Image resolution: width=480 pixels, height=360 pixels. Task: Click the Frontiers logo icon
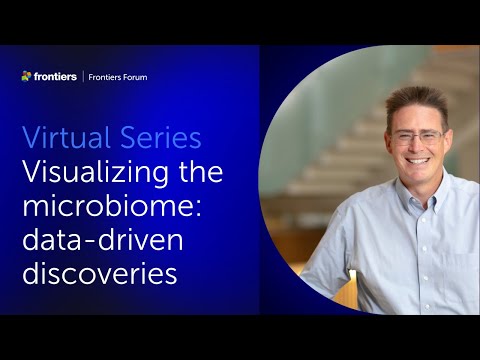[27, 76]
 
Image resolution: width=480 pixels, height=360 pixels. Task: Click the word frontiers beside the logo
[55, 76]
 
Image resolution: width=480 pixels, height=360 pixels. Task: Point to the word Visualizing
[90, 172]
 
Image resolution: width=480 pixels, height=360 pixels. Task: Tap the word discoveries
[99, 273]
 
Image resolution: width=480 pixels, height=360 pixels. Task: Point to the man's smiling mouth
[418, 162]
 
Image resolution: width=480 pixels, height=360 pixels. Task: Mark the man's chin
[419, 178]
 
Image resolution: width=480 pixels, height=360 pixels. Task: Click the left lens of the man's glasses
[402, 137]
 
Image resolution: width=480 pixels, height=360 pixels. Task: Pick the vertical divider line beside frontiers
[82, 77]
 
